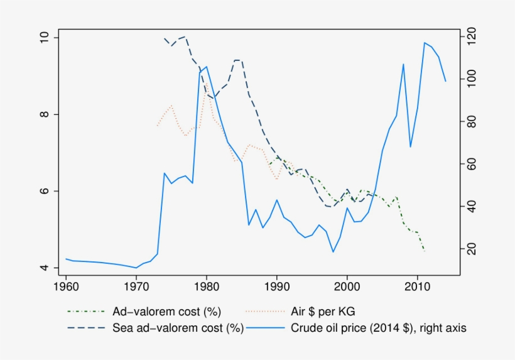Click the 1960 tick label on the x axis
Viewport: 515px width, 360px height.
coord(66,286)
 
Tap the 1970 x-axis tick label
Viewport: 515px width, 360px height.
coord(136,286)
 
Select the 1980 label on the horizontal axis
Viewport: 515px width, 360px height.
coord(207,286)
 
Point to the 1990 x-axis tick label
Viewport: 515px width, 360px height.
coord(277,286)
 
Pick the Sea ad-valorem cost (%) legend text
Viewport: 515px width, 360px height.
coord(178,327)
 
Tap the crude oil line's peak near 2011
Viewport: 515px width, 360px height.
coord(425,43)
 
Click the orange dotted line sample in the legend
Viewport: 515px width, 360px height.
coord(267,312)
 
